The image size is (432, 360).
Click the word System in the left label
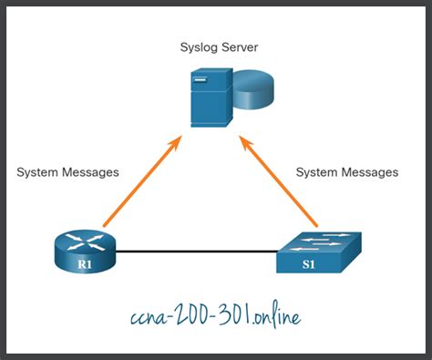pyautogui.click(x=38, y=172)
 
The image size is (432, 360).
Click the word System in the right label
pyautogui.click(x=319, y=171)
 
